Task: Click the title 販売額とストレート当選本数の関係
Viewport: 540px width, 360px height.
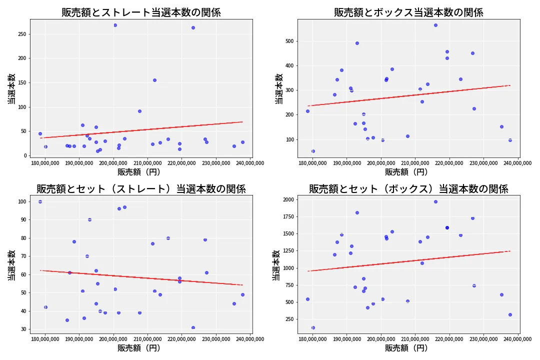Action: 141,12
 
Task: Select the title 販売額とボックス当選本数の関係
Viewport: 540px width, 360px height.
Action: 408,12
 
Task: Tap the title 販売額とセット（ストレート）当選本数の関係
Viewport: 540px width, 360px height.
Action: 141,189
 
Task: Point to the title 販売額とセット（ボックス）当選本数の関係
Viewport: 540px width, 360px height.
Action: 408,189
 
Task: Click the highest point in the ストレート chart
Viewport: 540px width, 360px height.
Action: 115,25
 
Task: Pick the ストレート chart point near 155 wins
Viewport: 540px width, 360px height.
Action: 154,80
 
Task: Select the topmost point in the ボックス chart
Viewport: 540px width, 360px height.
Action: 435,25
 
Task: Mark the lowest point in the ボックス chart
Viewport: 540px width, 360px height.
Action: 313,151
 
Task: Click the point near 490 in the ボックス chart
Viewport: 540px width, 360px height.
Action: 357,43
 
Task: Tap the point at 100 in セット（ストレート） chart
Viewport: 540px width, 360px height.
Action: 40,201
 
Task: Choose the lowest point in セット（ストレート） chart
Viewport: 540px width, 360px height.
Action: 193,327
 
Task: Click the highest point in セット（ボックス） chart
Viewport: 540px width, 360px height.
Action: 435,201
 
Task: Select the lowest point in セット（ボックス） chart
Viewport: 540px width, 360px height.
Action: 313,327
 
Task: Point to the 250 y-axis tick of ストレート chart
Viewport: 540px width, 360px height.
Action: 21,34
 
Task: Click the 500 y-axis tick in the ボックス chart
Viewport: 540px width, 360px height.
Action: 289,41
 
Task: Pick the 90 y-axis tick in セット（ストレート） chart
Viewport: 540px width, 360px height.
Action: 23,220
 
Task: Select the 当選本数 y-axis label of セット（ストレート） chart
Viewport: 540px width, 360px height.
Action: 11,264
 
